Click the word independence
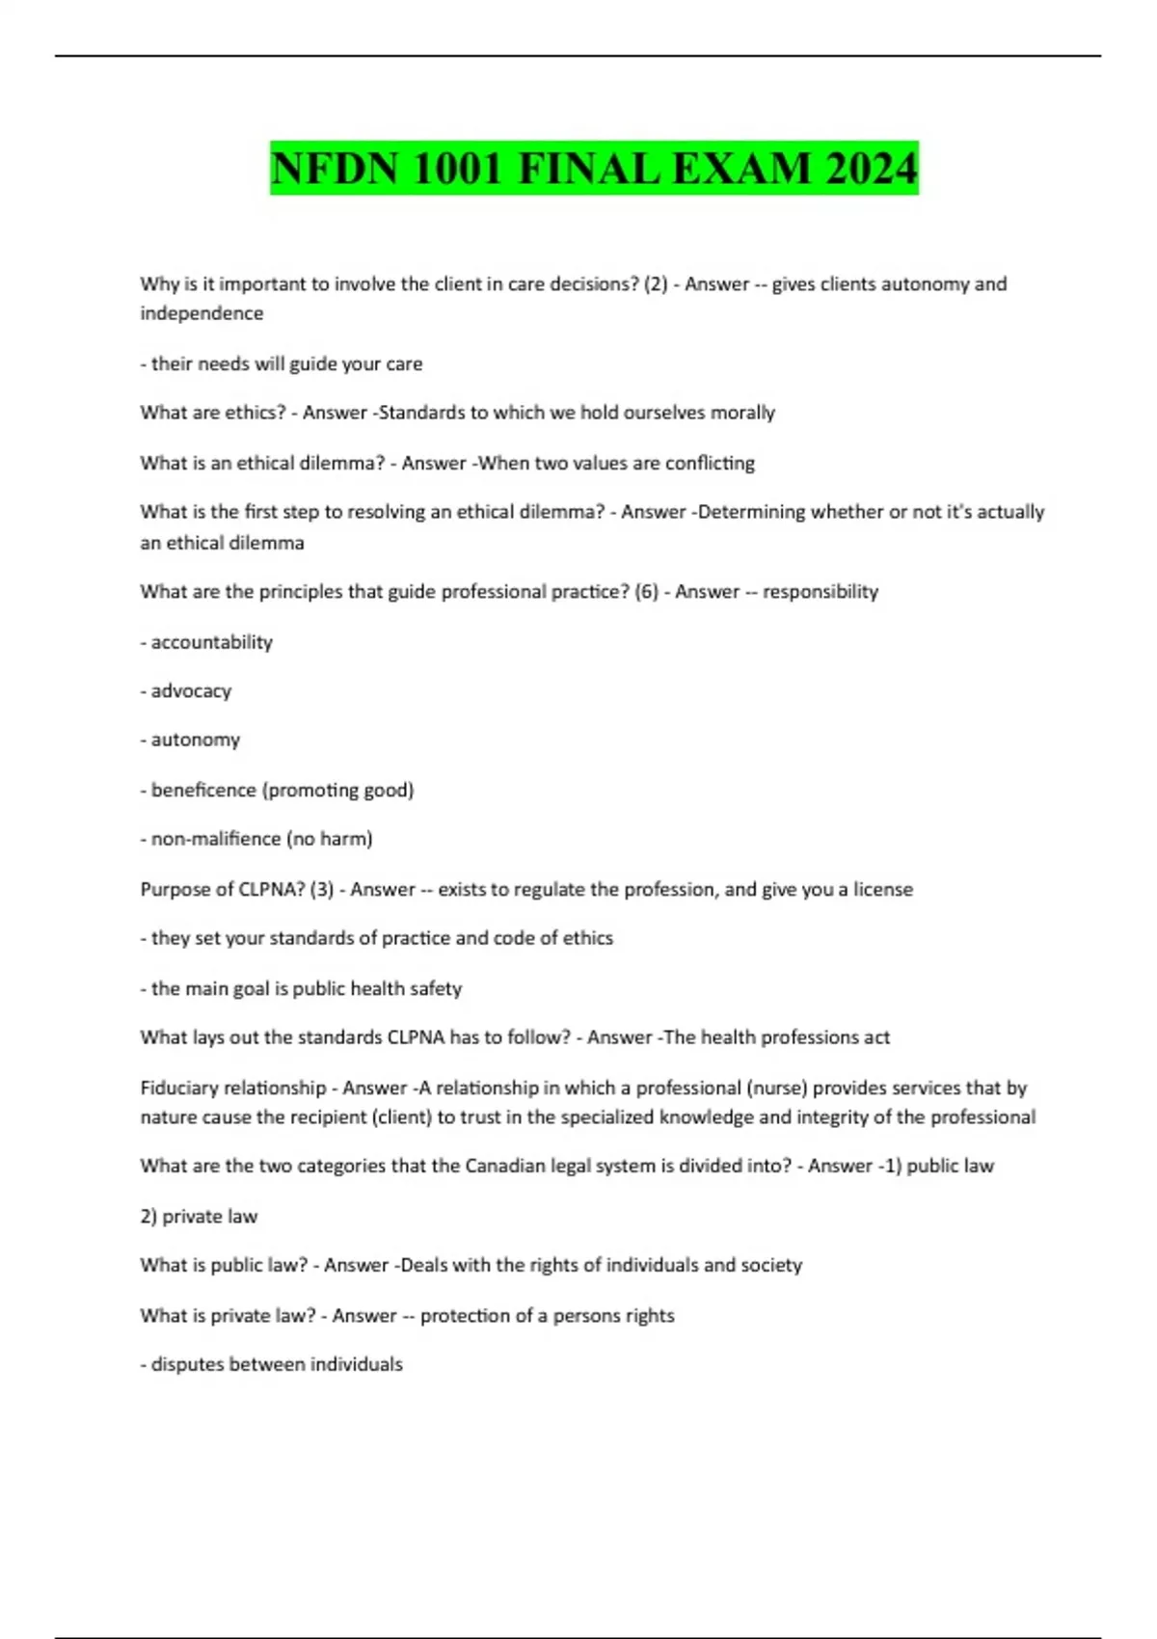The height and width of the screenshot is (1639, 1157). coord(202,313)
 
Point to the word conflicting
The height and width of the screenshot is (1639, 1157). coord(710,463)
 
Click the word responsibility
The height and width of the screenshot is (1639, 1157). coord(821,592)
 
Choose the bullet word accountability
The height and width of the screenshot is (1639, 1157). coord(211,642)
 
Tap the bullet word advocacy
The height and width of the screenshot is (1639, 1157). coord(191,691)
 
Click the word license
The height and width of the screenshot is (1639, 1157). coord(882,889)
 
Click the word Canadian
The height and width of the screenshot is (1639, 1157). coord(504,1166)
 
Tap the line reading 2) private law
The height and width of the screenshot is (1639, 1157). coord(199,1217)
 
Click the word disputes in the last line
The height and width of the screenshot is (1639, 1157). coord(188,1364)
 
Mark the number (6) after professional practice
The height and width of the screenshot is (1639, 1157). coord(646,592)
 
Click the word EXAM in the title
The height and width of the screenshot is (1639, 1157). coord(741,169)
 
